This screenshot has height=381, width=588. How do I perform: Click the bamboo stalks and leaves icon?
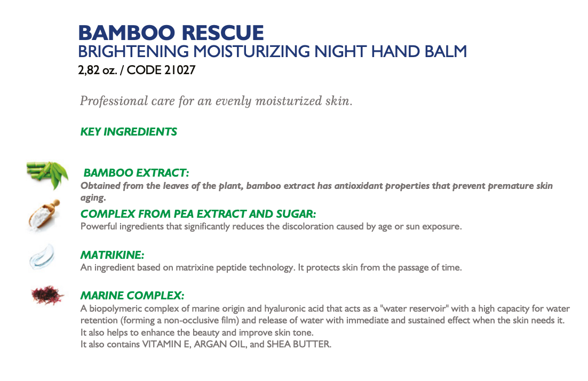[47, 174]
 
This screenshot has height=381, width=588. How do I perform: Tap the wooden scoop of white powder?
[44, 215]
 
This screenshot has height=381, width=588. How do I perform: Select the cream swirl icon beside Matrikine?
[42, 257]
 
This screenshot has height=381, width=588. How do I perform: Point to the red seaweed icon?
[47, 295]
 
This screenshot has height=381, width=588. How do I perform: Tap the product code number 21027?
[180, 70]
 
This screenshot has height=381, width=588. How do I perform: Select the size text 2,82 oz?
[98, 70]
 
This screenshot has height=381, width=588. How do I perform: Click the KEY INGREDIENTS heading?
[129, 132]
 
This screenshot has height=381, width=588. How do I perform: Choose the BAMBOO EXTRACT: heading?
[136, 172]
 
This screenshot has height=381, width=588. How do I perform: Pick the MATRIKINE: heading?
[112, 255]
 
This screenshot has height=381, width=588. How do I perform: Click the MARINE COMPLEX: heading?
[132, 296]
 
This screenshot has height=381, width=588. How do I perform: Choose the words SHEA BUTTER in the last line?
[299, 344]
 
